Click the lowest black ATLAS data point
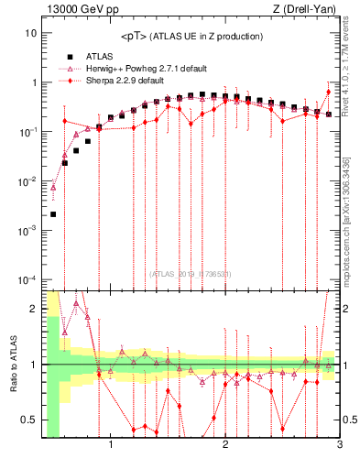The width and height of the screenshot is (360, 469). (x=53, y=214)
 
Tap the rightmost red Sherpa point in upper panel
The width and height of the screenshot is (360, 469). (x=328, y=92)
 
